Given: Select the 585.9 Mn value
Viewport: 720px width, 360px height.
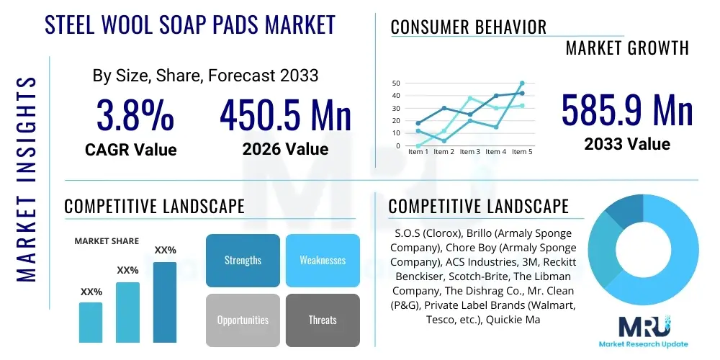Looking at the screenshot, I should (x=626, y=112).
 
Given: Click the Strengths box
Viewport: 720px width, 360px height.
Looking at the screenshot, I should (x=243, y=260).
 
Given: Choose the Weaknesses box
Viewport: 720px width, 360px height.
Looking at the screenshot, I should (x=323, y=260).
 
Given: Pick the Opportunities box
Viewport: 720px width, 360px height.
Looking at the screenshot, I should (x=243, y=320).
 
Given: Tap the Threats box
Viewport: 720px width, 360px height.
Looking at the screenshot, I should (x=323, y=320).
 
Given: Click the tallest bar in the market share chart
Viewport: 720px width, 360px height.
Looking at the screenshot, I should (x=165, y=302).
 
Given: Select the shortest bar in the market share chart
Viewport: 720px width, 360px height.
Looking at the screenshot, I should (x=91, y=322).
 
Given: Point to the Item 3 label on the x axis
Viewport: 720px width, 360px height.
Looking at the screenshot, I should (x=469, y=152).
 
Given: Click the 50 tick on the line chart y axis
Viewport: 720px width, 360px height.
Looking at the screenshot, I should (x=396, y=84).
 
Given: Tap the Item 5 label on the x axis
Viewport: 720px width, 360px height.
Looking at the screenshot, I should (x=521, y=152).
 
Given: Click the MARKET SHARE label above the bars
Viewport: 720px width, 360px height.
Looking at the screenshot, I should (x=107, y=241).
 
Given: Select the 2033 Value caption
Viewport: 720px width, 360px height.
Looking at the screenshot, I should (x=626, y=144).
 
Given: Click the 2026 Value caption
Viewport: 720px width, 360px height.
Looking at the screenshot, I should (x=285, y=149).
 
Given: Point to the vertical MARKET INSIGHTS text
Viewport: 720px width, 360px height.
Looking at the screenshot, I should (x=27, y=180).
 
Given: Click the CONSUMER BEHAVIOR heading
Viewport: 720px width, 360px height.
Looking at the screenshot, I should (x=468, y=27).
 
